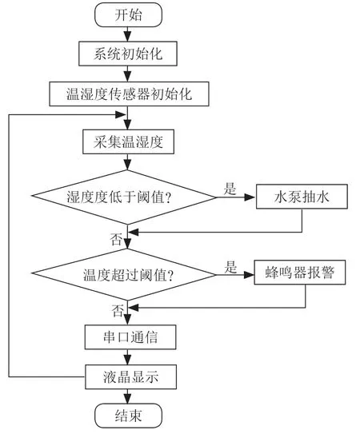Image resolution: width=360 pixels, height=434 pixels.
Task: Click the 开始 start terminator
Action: (x=128, y=15)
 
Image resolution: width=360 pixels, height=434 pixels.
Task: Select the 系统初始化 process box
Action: (x=128, y=54)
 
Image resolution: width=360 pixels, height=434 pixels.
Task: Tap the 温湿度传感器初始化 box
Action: (x=129, y=94)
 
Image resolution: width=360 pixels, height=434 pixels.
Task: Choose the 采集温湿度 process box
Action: (x=128, y=141)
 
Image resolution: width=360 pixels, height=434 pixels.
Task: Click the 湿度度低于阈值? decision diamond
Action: (x=124, y=197)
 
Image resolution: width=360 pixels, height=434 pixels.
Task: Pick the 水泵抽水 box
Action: (x=302, y=197)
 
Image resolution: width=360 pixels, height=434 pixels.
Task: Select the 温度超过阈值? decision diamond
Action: (x=124, y=275)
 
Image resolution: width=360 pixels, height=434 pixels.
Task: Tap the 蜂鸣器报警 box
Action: (x=300, y=273)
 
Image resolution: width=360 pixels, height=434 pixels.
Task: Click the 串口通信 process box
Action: (x=130, y=337)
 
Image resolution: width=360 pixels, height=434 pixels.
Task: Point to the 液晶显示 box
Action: (x=130, y=376)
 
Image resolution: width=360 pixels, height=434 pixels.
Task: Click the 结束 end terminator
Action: (x=128, y=416)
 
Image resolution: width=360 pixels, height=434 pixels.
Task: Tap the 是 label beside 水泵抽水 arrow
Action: (x=230, y=189)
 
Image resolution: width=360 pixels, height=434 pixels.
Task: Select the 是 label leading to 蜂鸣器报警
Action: (x=230, y=268)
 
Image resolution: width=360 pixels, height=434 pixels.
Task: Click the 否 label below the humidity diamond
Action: (x=116, y=240)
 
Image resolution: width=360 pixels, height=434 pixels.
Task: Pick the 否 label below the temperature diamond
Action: (x=118, y=311)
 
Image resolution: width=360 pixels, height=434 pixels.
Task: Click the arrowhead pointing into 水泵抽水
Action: (x=250, y=197)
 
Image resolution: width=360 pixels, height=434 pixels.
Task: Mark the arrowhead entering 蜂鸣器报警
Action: (x=249, y=275)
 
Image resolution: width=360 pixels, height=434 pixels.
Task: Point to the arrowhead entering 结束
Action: (x=127, y=399)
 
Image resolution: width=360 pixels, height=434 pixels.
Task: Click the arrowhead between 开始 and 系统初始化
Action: (x=127, y=36)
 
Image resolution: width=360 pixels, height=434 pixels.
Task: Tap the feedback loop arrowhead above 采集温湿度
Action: (x=120, y=114)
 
